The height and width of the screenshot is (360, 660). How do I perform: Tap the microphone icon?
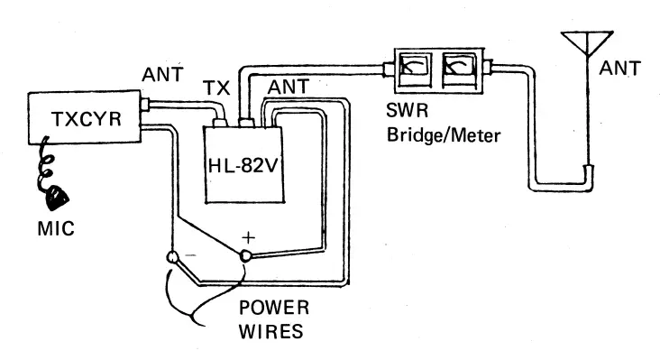click(x=57, y=197)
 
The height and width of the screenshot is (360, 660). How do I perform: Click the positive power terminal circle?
click(x=245, y=256)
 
